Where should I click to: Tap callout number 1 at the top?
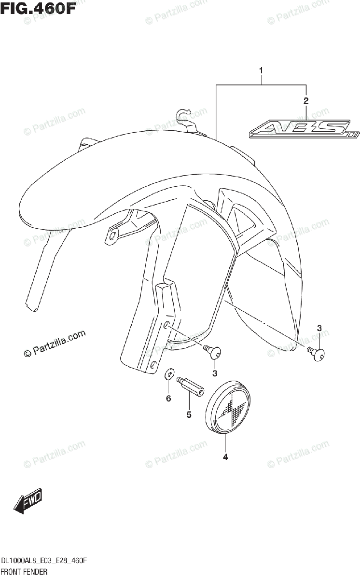click(x=261, y=71)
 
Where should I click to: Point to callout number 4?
click(x=225, y=457)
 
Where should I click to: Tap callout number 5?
click(x=189, y=414)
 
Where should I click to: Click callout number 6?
click(x=168, y=399)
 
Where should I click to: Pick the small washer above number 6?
click(x=168, y=374)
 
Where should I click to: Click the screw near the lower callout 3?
click(x=214, y=353)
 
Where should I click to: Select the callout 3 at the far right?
click(x=319, y=329)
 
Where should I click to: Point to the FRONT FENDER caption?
click(x=23, y=572)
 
